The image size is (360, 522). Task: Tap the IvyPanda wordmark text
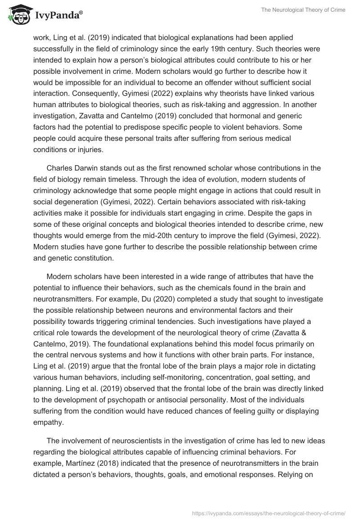pos(57,16)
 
